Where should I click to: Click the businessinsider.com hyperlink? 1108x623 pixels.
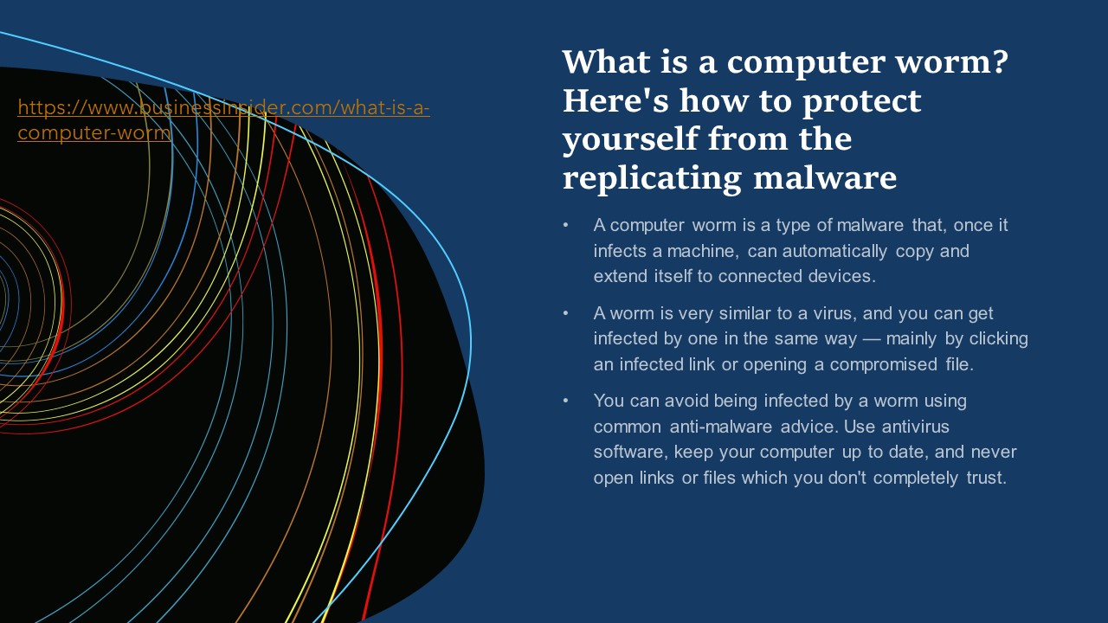point(223,109)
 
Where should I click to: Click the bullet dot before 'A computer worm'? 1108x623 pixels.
point(566,225)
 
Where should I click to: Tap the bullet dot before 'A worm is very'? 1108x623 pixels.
point(566,313)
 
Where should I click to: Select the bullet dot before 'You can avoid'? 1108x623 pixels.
point(566,401)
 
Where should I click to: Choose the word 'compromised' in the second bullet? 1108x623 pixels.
point(883,364)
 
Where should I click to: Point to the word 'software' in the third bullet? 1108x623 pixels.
point(629,453)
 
